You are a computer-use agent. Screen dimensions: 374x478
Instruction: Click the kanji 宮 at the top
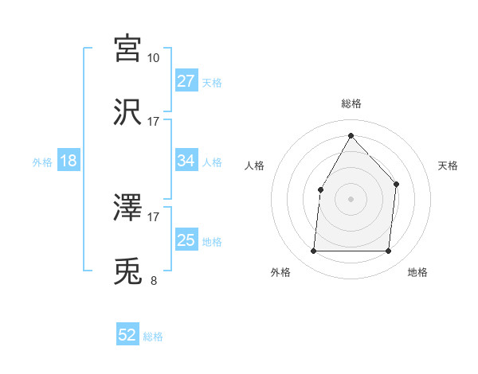click(128, 49)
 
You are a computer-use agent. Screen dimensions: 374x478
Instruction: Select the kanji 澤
click(128, 208)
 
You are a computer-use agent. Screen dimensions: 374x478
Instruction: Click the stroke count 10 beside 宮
click(154, 57)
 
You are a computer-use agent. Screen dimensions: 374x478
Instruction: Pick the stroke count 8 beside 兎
click(154, 280)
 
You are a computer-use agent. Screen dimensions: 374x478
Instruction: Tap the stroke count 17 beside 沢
click(154, 121)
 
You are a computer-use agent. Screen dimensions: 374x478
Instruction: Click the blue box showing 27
click(186, 81)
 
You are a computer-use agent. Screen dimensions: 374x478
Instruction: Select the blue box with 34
click(186, 161)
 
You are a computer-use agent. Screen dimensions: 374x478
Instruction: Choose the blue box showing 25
click(186, 240)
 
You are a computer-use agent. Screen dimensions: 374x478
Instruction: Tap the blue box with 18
click(69, 161)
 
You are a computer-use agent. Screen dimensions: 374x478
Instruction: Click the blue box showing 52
click(127, 336)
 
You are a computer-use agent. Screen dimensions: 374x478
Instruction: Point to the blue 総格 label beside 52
click(154, 337)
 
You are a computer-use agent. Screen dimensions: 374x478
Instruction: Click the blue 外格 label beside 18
click(42, 162)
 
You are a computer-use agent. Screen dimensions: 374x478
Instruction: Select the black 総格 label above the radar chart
click(351, 103)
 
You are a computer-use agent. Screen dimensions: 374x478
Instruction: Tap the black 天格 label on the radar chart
click(449, 166)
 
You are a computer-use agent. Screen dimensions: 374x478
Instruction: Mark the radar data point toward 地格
click(389, 251)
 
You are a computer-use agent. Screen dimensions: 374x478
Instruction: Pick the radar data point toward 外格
click(313, 251)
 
